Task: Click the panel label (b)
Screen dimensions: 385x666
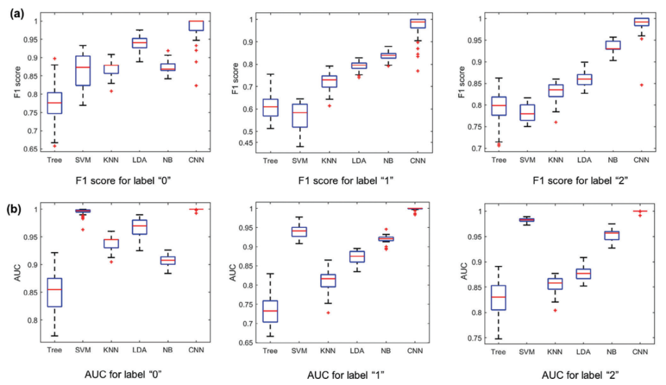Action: pyautogui.click(x=17, y=209)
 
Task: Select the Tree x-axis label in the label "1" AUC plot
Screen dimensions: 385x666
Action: pyautogui.click(x=269, y=352)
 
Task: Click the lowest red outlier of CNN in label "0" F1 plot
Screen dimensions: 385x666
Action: pyautogui.click(x=196, y=86)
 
